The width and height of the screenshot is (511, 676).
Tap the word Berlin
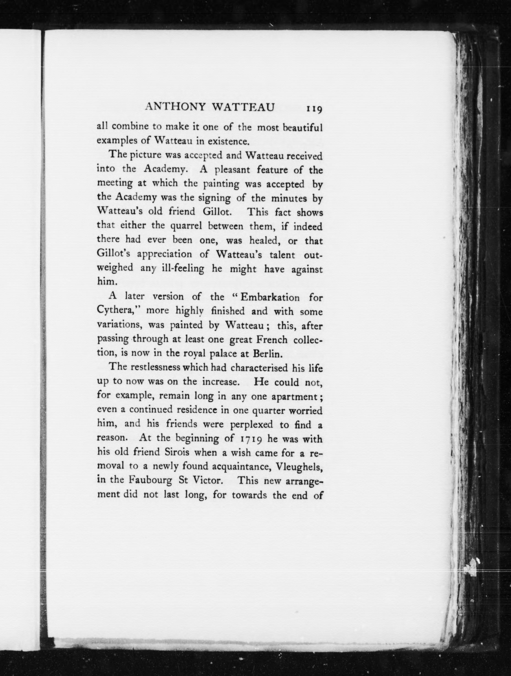(x=266, y=354)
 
